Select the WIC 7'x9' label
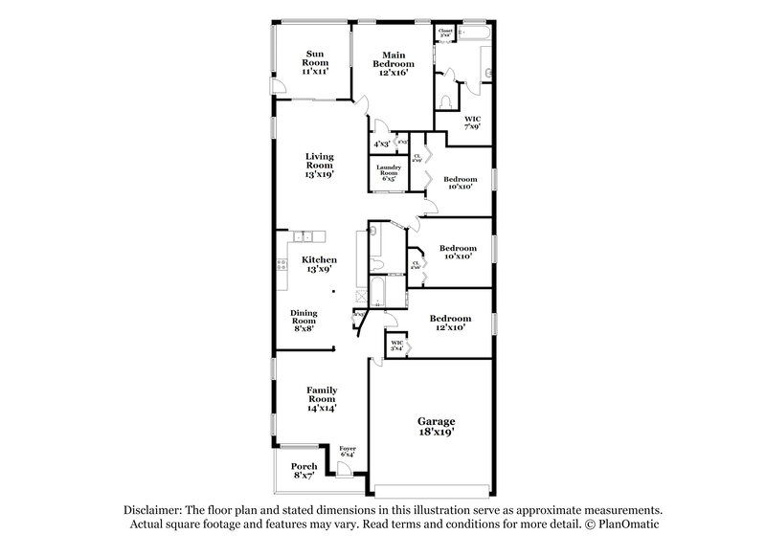click(472, 122)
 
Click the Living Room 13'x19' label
click(320, 166)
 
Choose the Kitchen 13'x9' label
click(320, 264)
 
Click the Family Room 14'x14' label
click(322, 398)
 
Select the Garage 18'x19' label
click(436, 426)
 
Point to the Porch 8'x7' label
click(304, 471)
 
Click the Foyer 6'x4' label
click(347, 451)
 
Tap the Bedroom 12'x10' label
click(450, 323)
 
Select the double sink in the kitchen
click(304, 236)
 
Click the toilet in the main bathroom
click(445, 99)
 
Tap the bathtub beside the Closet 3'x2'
click(475, 35)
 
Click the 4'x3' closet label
click(381, 144)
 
